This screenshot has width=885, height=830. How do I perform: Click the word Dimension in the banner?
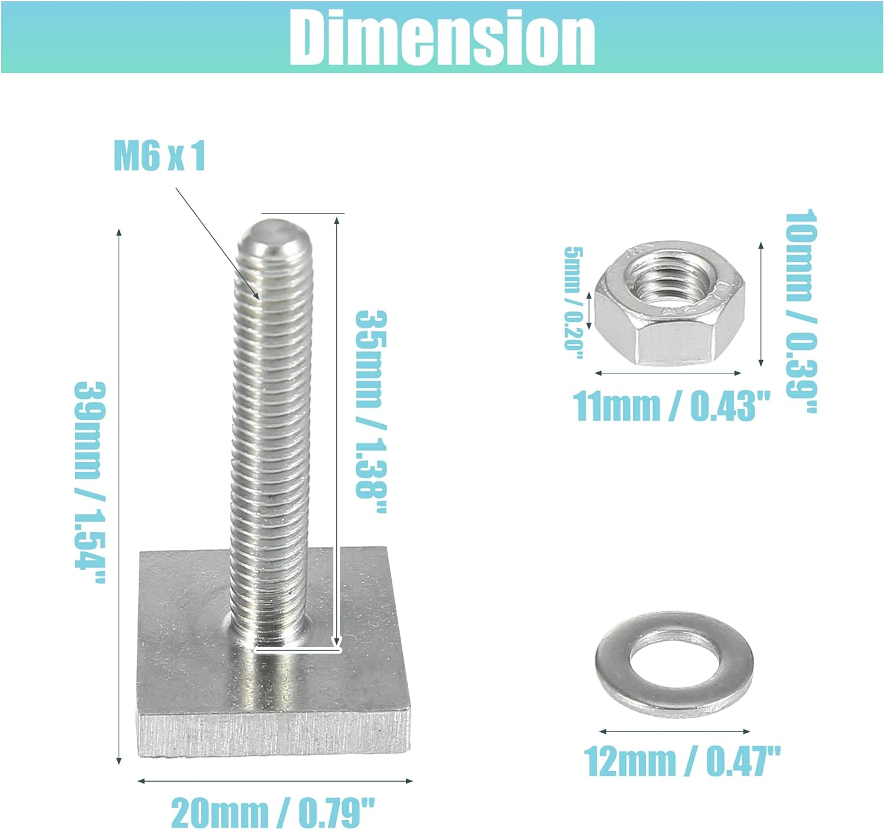(442, 38)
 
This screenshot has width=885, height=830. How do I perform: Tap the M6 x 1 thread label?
(159, 156)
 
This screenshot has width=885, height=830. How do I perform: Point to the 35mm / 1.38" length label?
(371, 412)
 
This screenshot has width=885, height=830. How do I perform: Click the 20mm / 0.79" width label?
(273, 813)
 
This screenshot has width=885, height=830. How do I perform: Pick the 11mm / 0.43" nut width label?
(671, 406)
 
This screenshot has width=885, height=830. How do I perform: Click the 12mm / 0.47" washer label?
(682, 762)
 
